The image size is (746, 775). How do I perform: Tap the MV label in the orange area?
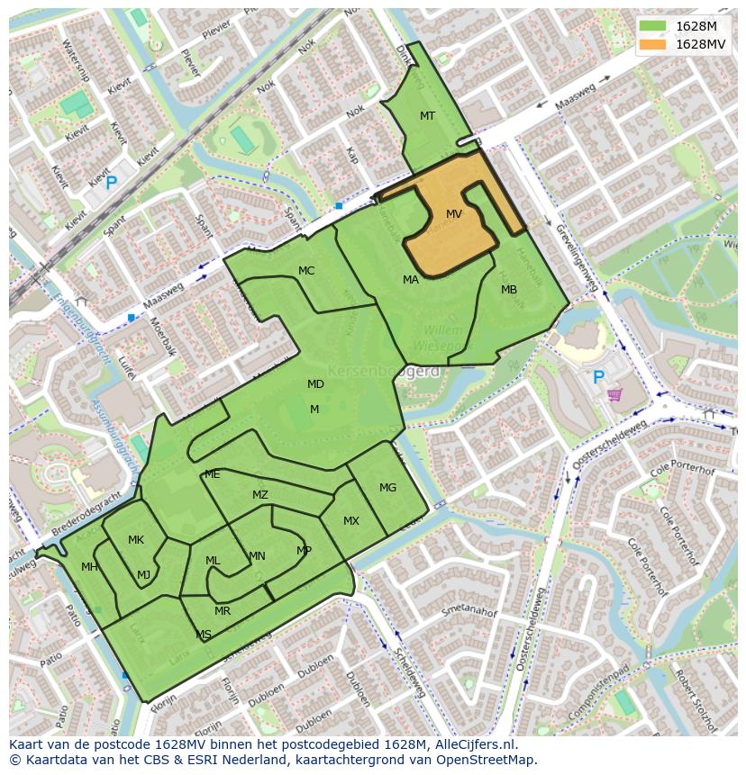pos(454,214)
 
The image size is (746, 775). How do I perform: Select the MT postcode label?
pos(427,116)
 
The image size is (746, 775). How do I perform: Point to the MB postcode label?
pos(509,290)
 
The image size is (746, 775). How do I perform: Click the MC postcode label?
pos(306,271)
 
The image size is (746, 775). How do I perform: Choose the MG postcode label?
pos(387,488)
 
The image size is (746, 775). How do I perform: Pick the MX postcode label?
pos(351,521)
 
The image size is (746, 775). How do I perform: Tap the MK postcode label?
pos(136,540)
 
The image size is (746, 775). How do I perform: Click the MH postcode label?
pos(89,567)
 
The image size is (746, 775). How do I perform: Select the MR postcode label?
pos(223,611)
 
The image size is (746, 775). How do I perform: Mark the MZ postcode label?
pos(260,495)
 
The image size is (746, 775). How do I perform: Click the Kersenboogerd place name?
pos(383,371)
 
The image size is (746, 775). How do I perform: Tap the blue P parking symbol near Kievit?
pos(111,184)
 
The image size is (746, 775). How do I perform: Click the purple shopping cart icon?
pos(615,394)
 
